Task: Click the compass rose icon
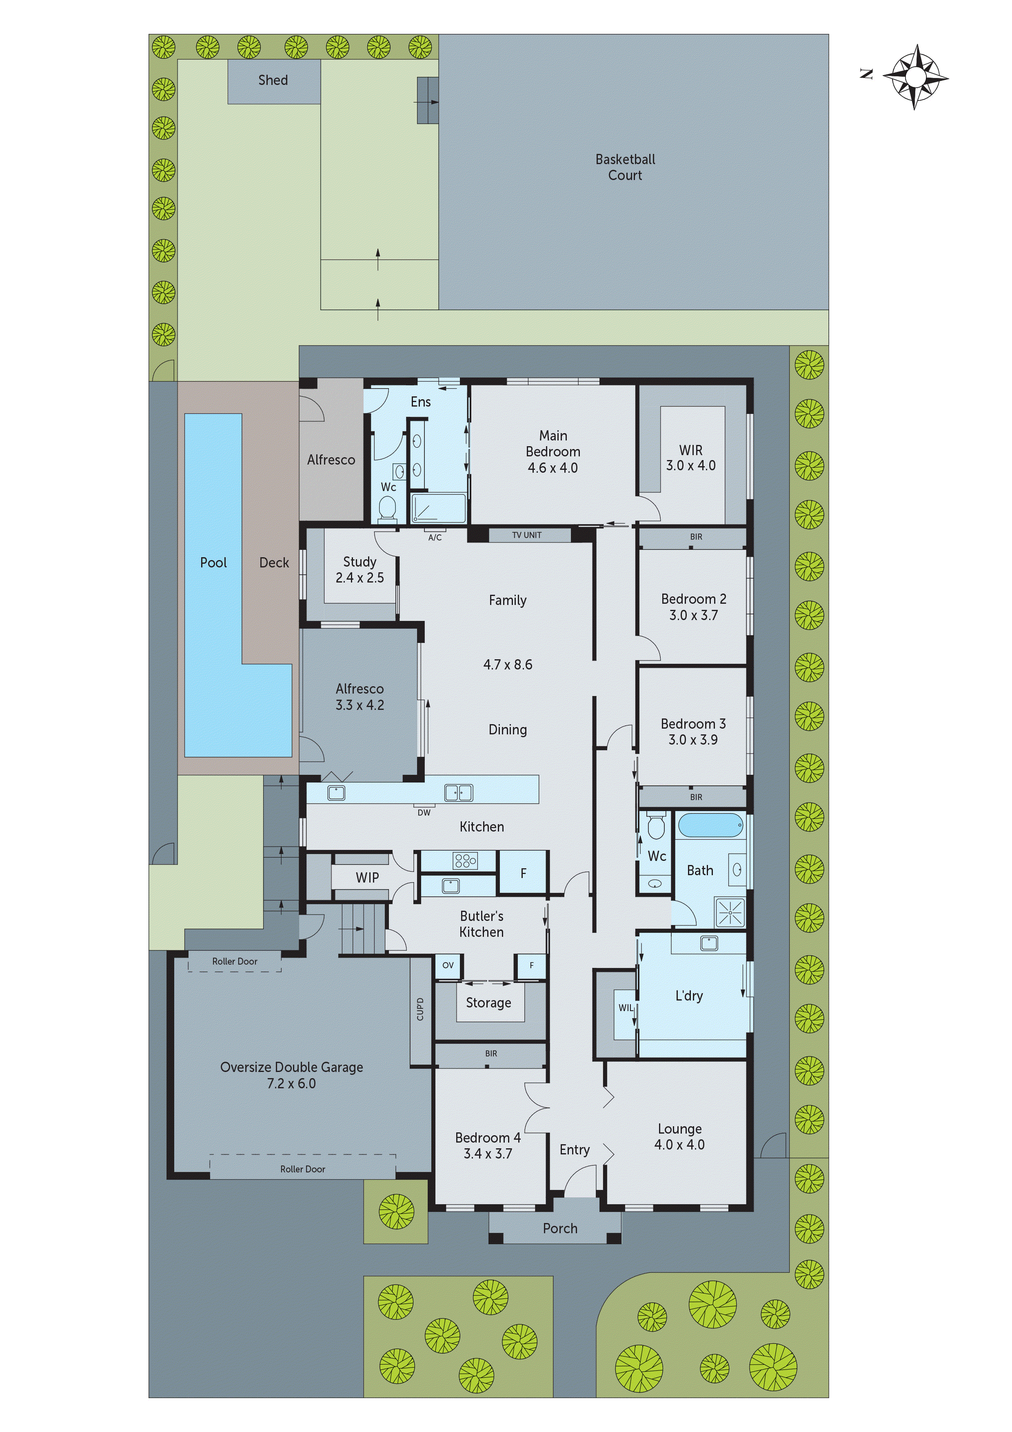[915, 77]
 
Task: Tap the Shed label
[273, 80]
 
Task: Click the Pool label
[213, 563]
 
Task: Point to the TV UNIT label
[527, 535]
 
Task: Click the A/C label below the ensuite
[435, 538]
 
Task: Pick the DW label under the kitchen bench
[424, 813]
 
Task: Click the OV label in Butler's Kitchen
[448, 965]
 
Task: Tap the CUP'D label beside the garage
[420, 1010]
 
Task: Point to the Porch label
[560, 1228]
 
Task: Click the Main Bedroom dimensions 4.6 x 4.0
[553, 468]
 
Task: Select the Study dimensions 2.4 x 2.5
[360, 578]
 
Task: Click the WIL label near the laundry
[626, 1008]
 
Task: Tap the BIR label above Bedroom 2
[696, 537]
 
